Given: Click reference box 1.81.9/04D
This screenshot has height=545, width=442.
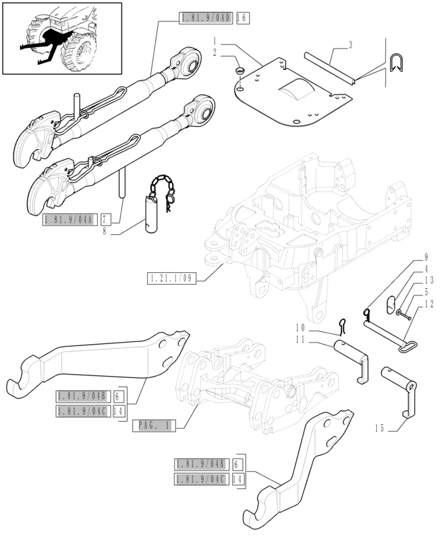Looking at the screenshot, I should (206, 19).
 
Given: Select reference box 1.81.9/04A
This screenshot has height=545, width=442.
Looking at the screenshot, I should (70, 219).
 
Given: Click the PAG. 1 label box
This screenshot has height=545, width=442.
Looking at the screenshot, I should (154, 425).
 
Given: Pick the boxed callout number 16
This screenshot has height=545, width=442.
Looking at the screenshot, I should (241, 19).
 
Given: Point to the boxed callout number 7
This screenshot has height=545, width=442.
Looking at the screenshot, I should (105, 219).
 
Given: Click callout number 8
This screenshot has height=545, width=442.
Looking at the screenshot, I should (105, 232).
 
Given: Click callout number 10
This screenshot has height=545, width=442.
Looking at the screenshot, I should (300, 327).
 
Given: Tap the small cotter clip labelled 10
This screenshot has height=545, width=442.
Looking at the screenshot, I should (341, 325).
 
